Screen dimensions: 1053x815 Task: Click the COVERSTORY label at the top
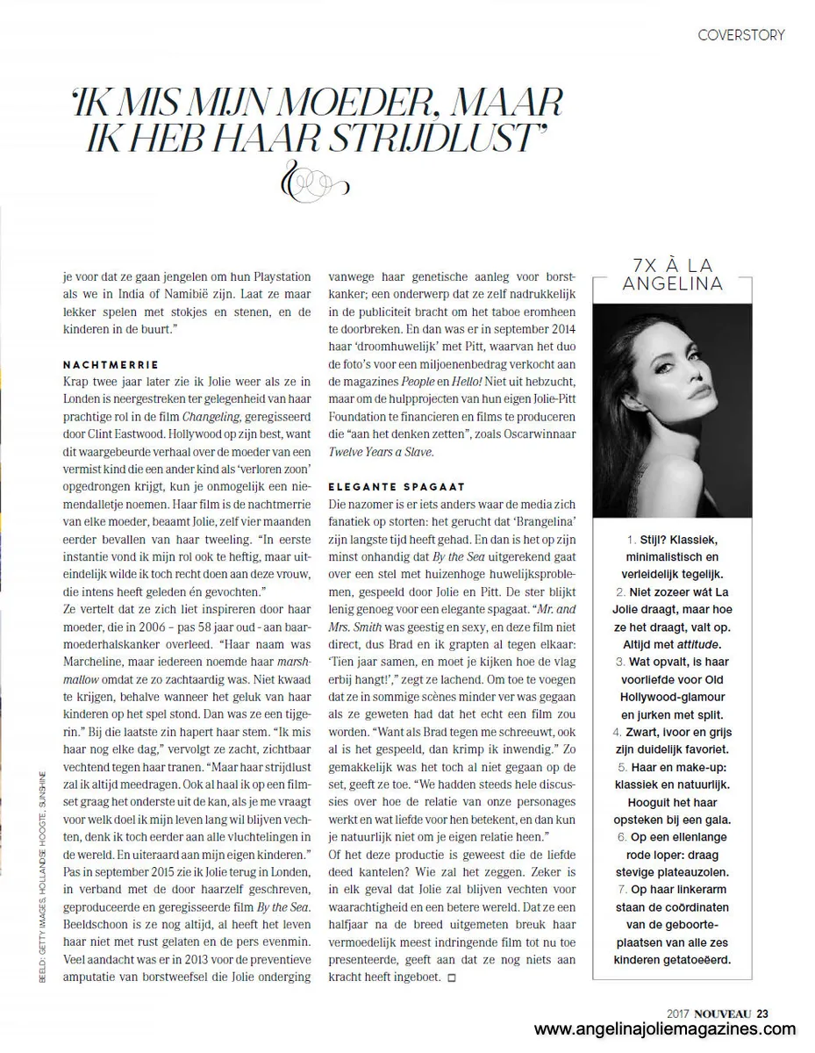tap(740, 35)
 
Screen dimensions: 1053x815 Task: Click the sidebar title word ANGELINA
tap(672, 283)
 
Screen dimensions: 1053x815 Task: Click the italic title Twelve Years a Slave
tap(381, 452)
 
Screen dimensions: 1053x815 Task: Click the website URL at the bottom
tap(665, 1031)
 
